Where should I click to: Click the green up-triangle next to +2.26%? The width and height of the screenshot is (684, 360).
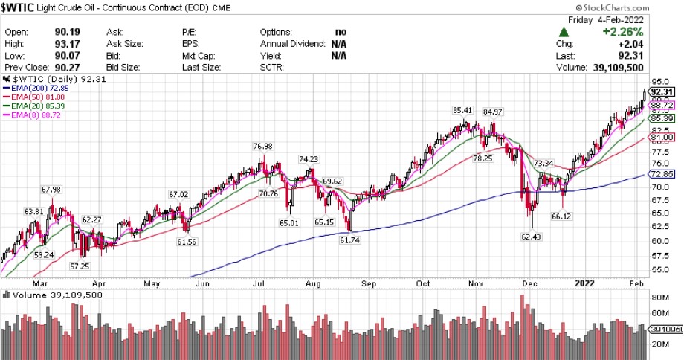point(565,33)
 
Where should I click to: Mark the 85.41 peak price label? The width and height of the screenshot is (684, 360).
point(462,111)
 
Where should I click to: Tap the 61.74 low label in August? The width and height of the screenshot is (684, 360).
point(349,240)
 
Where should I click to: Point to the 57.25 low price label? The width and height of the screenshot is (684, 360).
point(80,266)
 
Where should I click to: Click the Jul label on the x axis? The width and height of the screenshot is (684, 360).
point(257,283)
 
